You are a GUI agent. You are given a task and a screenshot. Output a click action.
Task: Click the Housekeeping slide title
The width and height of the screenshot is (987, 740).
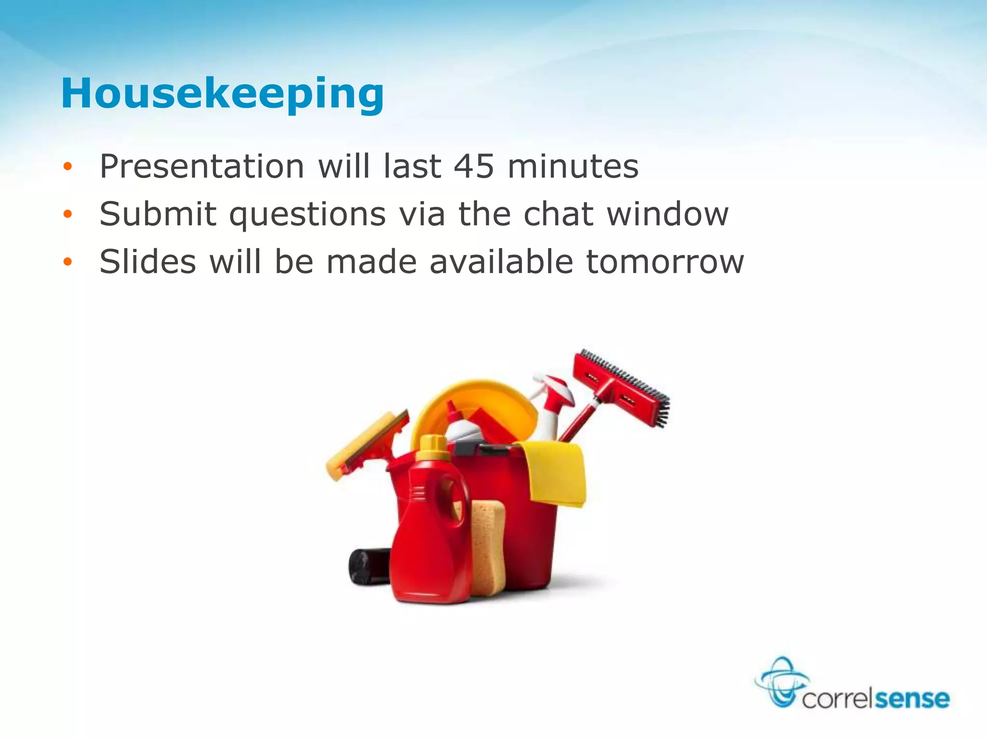coord(222,94)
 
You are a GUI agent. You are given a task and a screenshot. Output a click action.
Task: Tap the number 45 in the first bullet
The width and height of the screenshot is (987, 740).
coord(474,167)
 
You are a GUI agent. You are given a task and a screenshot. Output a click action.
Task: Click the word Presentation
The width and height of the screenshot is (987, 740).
coord(201,167)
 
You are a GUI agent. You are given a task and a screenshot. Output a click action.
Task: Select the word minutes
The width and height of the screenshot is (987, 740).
coord(573,167)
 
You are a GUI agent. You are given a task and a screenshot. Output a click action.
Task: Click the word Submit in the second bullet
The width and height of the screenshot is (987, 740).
coord(158,214)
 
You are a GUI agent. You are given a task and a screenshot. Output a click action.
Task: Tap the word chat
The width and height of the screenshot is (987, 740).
coord(558,214)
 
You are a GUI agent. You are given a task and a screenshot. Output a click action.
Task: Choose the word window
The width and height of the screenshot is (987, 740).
coord(667,214)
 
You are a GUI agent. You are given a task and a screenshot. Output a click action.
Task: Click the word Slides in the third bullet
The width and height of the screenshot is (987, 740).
coord(148,262)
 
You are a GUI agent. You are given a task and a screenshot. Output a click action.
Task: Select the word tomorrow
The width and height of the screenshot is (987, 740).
coord(665,263)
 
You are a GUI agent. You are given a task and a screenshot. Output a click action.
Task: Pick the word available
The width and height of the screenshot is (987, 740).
coord(501,262)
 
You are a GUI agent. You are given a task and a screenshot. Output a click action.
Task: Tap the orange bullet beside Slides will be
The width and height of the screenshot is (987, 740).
coord(67,262)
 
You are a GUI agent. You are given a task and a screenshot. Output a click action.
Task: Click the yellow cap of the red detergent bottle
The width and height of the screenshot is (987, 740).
coord(432,448)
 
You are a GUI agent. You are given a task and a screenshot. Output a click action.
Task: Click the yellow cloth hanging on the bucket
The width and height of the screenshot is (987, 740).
coord(557,475)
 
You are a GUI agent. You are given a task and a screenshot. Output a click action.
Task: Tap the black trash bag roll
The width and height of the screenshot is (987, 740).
coord(369,567)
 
